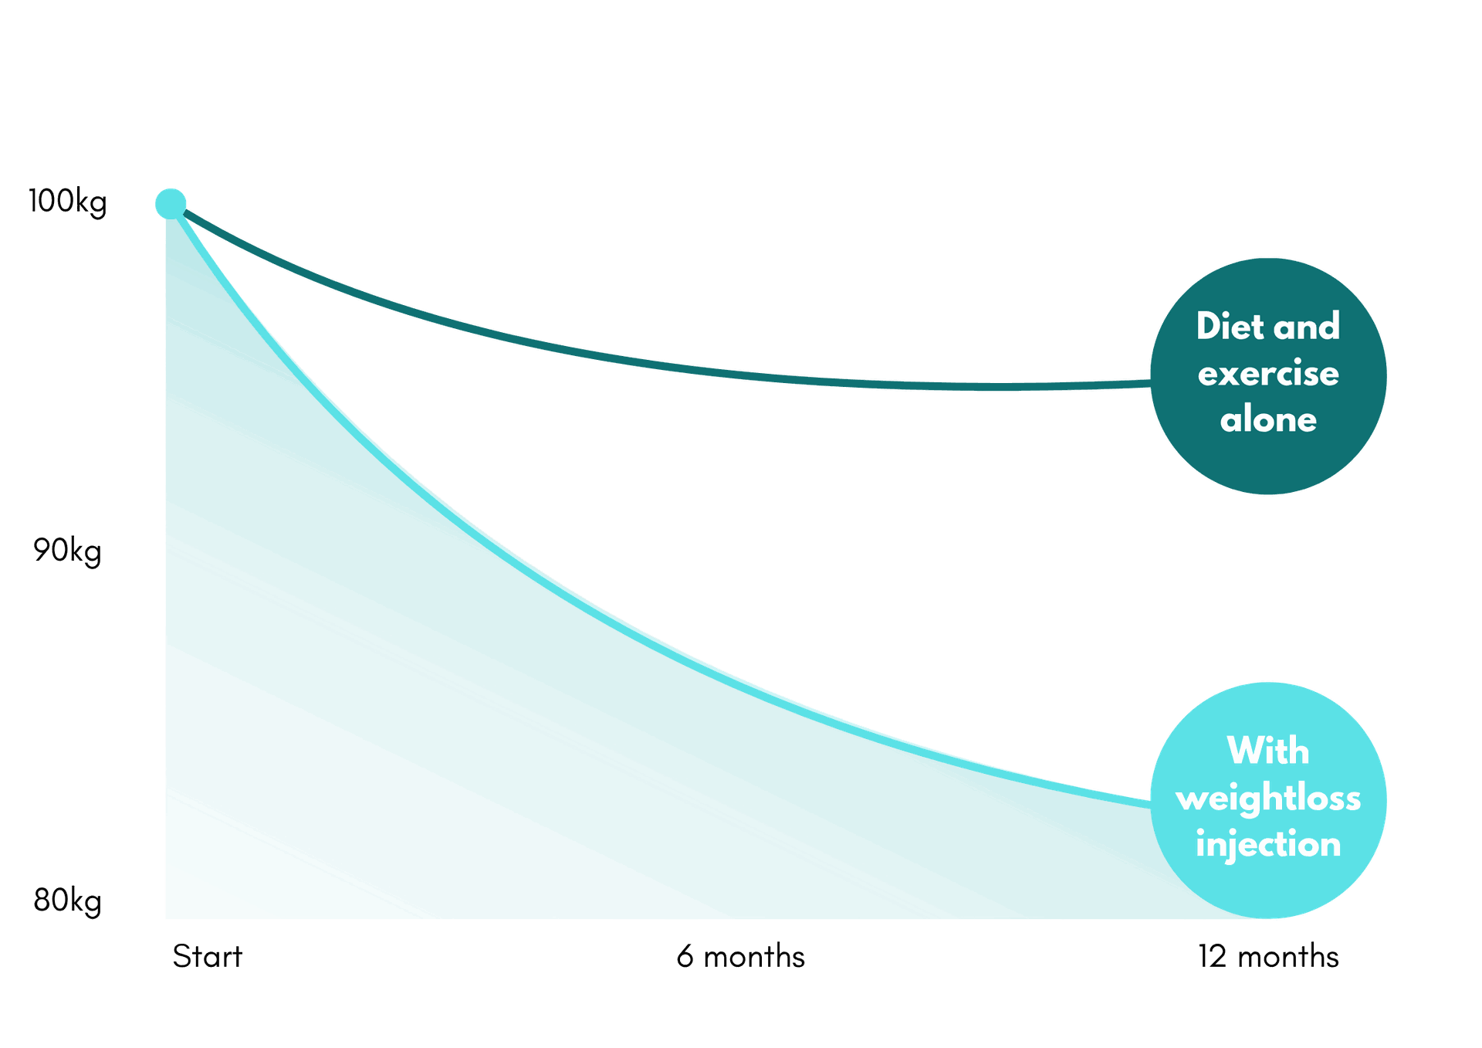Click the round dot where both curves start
coord(171,203)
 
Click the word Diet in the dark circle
coord(1230,327)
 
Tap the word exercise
coord(1268,375)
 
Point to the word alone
coord(1268,420)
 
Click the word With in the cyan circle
coord(1268,751)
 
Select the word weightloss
coord(1268,799)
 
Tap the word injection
coord(1268,844)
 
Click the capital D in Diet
coord(1209,327)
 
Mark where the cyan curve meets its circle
coord(1151,802)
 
